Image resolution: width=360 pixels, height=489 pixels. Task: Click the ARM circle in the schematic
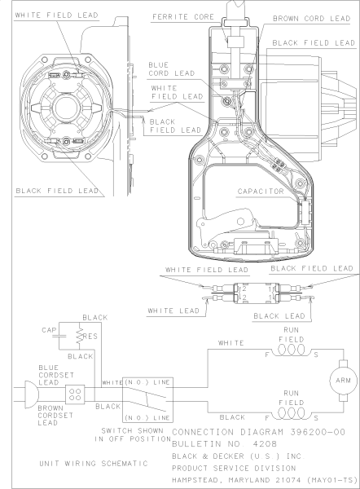point(337,379)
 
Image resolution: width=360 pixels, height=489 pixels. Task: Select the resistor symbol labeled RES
point(80,336)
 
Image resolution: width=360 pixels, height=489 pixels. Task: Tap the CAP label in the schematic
point(47,330)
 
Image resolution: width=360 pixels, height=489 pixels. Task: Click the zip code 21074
point(282,481)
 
